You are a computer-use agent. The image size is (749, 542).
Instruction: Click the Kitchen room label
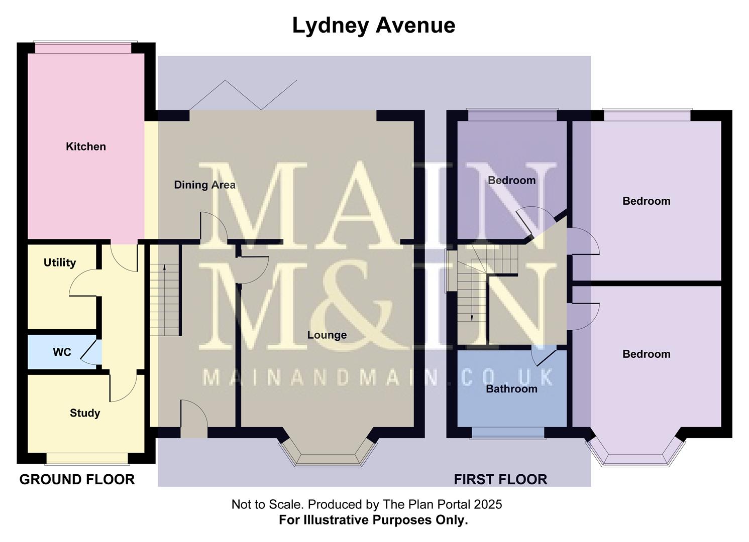click(x=86, y=147)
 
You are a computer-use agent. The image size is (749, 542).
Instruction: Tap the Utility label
click(x=60, y=262)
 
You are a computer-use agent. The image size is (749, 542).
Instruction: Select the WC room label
click(x=62, y=352)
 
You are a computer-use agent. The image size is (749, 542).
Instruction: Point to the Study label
click(x=85, y=413)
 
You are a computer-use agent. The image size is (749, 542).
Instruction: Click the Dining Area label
click(x=204, y=185)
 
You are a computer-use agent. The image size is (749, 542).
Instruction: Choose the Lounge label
click(x=327, y=335)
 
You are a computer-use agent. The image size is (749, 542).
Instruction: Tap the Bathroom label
click(x=511, y=389)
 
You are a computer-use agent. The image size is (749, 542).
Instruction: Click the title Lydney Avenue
click(x=374, y=25)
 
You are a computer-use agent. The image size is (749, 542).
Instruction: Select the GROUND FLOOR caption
click(x=77, y=480)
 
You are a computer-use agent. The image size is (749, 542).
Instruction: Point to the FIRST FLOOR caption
click(x=500, y=480)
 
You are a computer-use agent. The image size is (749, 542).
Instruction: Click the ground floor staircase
click(x=165, y=300)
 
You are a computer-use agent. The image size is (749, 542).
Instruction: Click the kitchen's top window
click(x=84, y=48)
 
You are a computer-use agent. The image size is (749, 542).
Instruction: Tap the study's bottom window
click(x=87, y=458)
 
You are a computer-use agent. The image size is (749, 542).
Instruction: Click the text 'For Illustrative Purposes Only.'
click(x=373, y=520)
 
